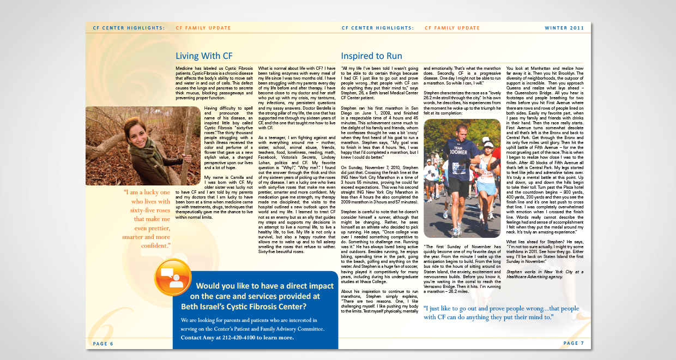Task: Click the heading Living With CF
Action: [x=204, y=56]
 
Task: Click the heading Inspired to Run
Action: [x=371, y=56]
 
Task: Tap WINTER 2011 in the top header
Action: [x=568, y=27]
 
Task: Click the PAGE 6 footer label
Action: [x=103, y=344]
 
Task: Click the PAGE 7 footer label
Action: [x=574, y=343]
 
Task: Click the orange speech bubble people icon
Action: [x=173, y=277]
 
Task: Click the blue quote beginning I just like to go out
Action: [x=501, y=313]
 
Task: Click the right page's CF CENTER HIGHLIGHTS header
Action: [x=377, y=27]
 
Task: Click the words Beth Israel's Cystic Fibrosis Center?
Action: [x=243, y=307]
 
